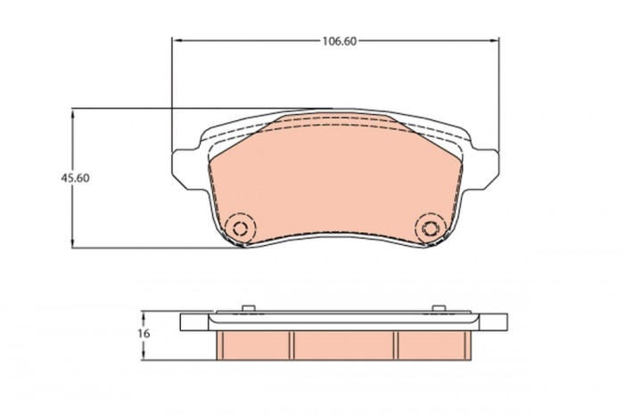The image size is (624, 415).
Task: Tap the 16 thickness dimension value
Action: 144,333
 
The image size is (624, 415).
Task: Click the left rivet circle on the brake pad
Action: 239,227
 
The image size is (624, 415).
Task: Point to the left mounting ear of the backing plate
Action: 185,163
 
